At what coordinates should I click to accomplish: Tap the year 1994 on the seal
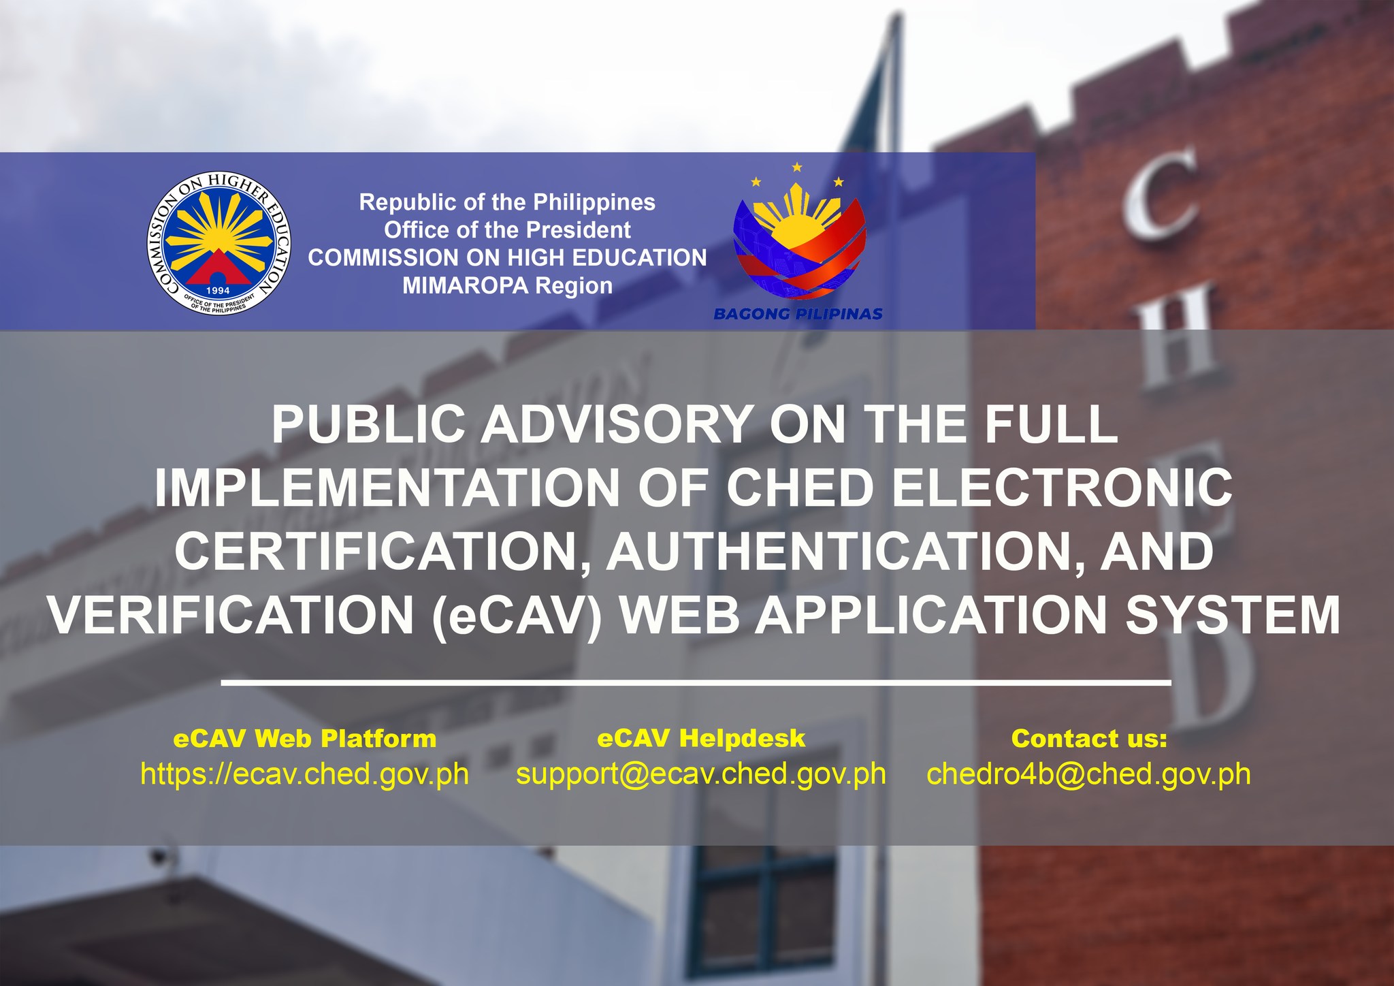[x=218, y=291]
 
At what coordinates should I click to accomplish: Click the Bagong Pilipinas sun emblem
[x=799, y=232]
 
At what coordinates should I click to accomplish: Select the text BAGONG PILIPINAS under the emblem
[x=798, y=314]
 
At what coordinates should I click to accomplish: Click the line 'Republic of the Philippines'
[x=507, y=202]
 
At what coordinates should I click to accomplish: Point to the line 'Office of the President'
[x=507, y=230]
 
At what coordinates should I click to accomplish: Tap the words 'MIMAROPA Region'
[x=507, y=286]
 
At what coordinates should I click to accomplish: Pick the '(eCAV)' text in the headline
[x=517, y=616]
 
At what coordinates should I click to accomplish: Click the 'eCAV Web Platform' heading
[x=305, y=739]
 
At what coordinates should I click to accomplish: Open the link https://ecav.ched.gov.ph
[x=305, y=775]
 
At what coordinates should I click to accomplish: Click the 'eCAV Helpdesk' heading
[x=701, y=739]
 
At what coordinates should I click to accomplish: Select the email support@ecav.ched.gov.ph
[x=701, y=775]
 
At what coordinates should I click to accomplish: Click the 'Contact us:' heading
[x=1089, y=739]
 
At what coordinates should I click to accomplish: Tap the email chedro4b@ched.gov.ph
[x=1089, y=775]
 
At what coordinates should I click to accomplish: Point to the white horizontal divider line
[x=696, y=681]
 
